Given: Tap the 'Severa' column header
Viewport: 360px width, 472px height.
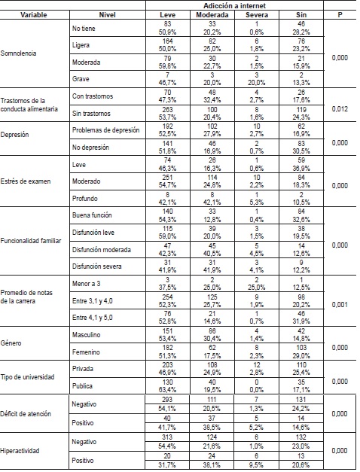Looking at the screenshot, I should pyautogui.click(x=256, y=14).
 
